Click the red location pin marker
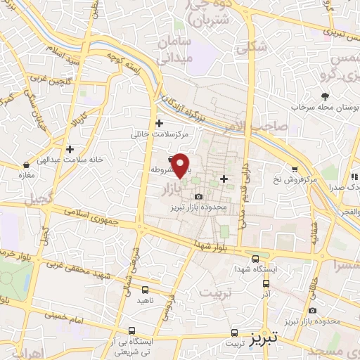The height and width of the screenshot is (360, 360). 181,165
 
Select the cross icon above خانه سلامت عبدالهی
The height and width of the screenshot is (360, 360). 70,149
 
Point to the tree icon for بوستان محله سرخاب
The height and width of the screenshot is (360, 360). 325,96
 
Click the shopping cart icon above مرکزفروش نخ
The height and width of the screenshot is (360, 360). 294,169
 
